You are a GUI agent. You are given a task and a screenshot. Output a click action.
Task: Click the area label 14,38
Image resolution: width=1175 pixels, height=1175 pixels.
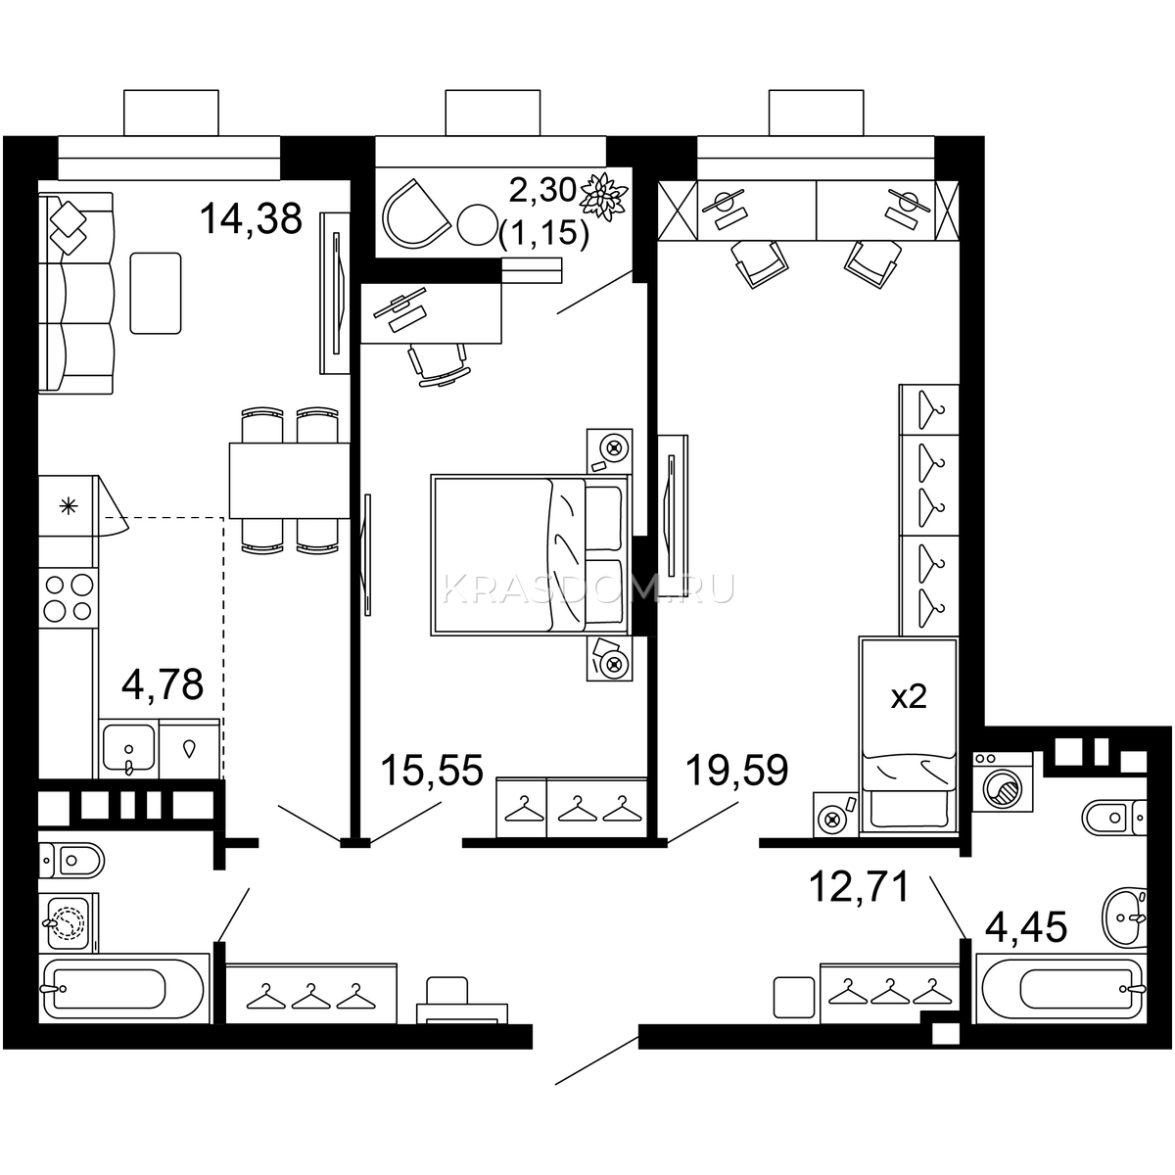click(251, 219)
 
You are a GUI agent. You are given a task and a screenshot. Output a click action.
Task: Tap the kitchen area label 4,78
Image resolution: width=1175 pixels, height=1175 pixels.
click(163, 684)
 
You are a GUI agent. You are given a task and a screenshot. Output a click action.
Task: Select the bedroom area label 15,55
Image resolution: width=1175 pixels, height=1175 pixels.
click(432, 770)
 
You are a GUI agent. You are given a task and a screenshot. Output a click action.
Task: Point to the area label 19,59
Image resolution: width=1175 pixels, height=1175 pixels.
click(736, 770)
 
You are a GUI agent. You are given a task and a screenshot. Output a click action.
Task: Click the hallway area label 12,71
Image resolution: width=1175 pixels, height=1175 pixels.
click(859, 886)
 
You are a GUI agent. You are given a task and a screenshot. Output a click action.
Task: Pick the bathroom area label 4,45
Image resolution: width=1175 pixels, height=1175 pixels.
click(1027, 927)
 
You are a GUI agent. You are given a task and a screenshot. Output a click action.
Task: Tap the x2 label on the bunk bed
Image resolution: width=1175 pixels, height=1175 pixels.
click(909, 696)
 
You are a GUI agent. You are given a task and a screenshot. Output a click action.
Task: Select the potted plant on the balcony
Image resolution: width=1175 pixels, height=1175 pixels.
click(603, 196)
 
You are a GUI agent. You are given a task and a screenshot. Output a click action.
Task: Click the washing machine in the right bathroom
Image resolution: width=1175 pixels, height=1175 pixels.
click(1002, 781)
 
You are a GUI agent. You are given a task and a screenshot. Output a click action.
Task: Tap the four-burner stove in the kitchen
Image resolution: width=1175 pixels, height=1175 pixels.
click(69, 598)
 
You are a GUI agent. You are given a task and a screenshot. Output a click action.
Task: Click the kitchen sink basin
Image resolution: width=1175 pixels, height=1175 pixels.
click(128, 747)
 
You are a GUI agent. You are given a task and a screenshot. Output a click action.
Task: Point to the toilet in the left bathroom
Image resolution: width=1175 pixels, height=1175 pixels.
click(71, 861)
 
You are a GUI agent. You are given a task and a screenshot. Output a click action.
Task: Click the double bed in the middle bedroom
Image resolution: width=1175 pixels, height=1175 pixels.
click(530, 555)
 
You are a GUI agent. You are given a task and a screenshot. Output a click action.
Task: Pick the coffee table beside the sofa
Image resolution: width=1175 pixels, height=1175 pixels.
click(156, 294)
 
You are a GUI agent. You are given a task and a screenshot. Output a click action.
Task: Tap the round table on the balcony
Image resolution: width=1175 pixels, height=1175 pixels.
click(478, 224)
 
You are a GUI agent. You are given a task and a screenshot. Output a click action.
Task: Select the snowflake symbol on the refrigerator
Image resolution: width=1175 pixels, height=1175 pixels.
click(68, 505)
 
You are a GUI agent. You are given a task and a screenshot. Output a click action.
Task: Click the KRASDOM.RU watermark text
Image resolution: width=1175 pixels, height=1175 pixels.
click(587, 589)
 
